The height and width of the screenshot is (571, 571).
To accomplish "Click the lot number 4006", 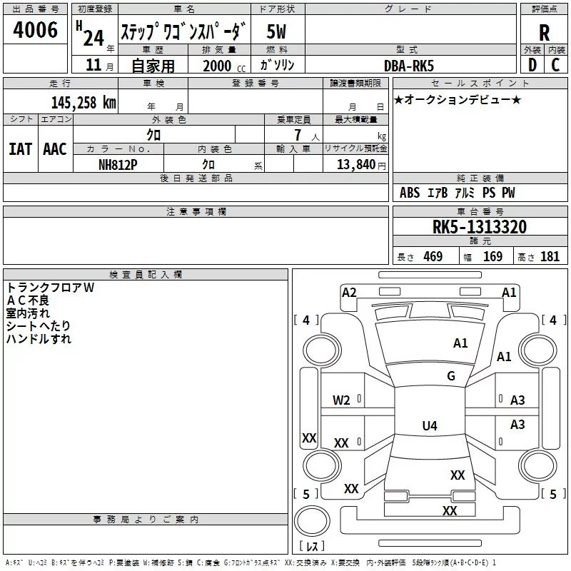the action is tap(35, 30).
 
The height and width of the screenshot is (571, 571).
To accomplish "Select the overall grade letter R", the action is tap(544, 33).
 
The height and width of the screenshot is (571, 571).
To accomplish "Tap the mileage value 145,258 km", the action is tap(84, 103).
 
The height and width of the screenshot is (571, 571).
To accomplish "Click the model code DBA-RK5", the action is tap(409, 66).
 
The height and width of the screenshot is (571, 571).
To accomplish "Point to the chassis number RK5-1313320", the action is tap(479, 227).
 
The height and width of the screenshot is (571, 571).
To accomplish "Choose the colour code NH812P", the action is tap(118, 165).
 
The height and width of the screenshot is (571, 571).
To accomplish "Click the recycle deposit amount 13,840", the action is tap(355, 164).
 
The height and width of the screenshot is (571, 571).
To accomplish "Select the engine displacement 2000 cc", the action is tap(224, 66).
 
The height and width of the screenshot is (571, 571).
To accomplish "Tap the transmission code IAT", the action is tap(21, 149).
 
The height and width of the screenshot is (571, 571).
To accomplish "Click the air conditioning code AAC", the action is tap(55, 149).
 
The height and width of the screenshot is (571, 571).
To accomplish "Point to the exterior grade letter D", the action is tap(532, 65).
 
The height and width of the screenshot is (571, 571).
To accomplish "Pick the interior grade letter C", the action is tap(555, 65).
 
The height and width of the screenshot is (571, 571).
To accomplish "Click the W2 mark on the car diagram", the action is tap(341, 400).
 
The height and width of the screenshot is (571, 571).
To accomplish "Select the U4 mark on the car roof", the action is tap(430, 425).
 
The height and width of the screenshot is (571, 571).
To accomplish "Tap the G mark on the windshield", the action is tap(451, 375).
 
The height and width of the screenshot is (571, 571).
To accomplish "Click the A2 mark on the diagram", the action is tap(349, 293).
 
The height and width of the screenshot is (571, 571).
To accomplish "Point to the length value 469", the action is tap(433, 256).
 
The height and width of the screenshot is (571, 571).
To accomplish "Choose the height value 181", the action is tap(550, 256).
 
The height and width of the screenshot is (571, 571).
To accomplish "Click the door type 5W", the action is tap(276, 31).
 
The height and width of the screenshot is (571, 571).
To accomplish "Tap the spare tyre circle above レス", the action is tap(312, 521).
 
